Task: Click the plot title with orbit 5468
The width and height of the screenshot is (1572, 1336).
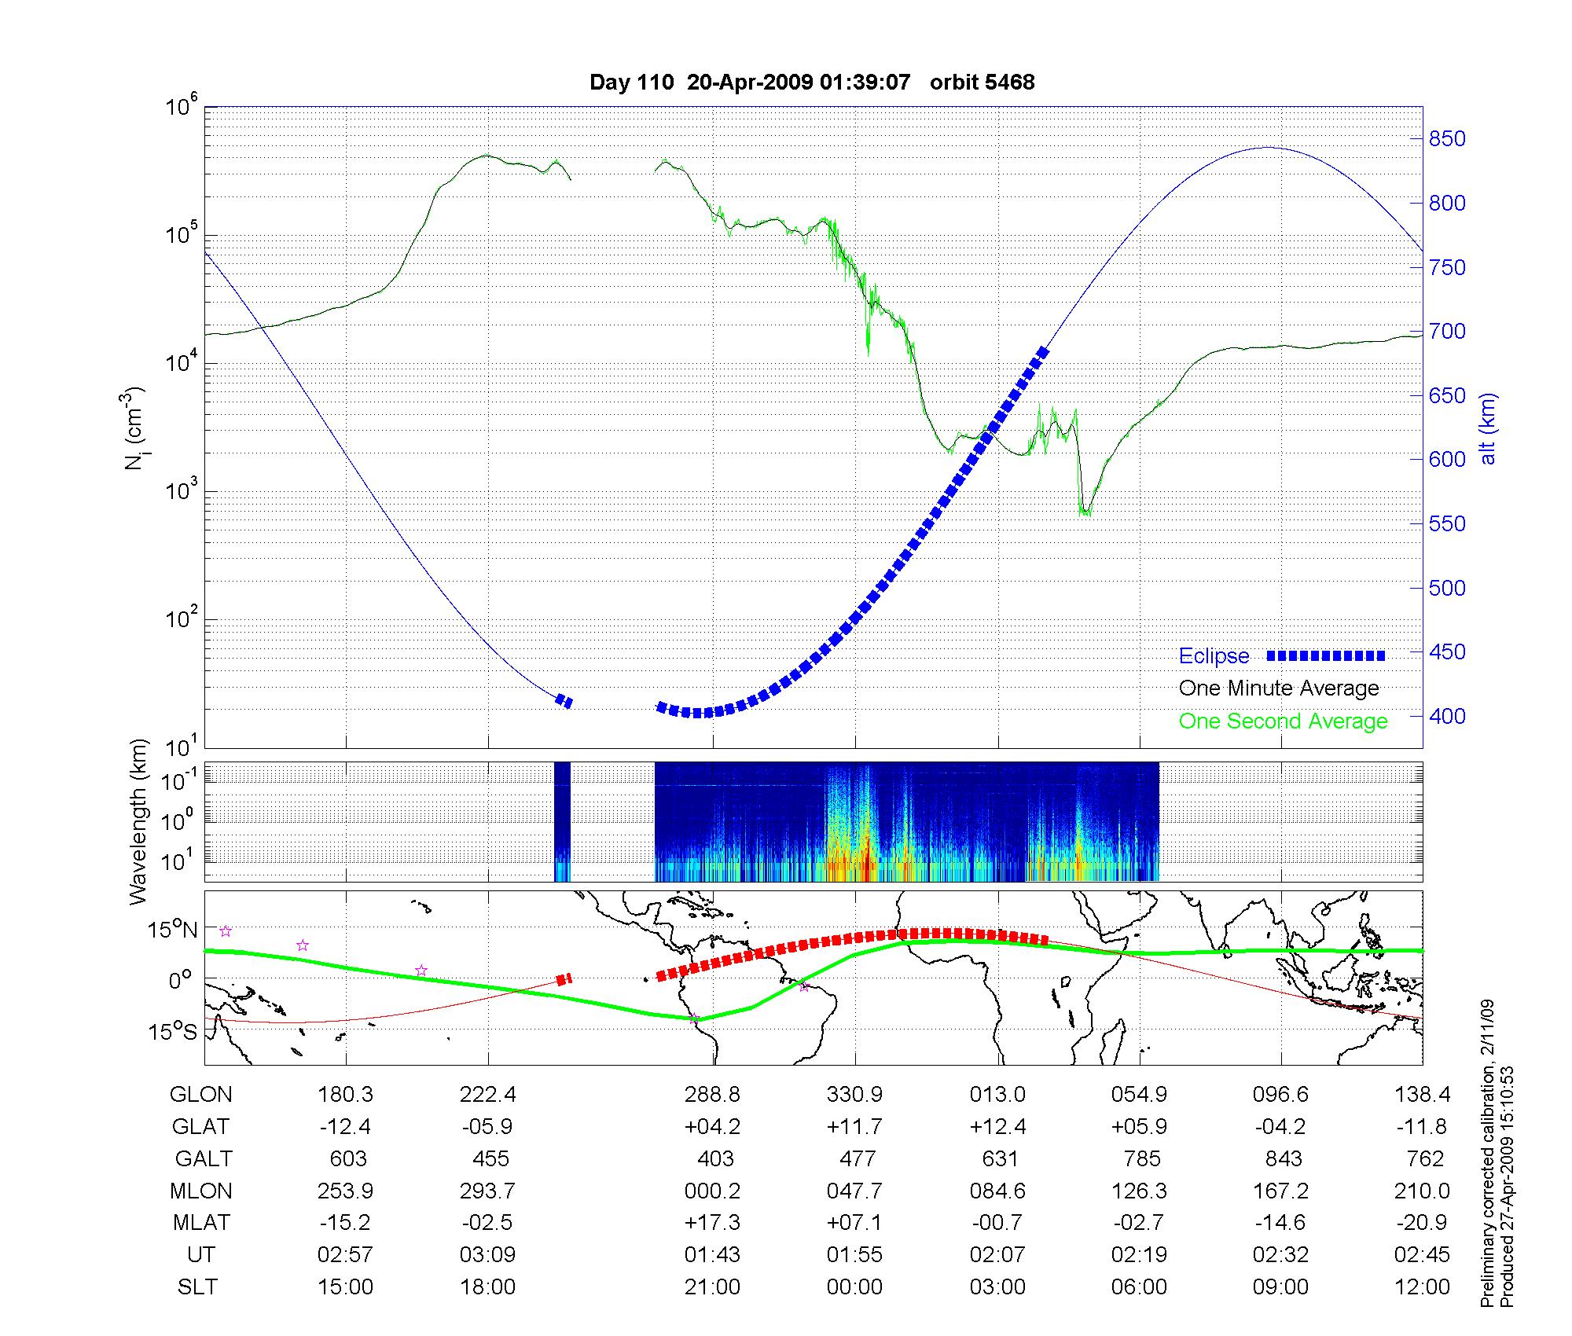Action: coord(812,82)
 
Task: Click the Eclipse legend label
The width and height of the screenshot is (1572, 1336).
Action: coord(1214,656)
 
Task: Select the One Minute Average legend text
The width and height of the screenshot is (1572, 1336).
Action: coord(1279,688)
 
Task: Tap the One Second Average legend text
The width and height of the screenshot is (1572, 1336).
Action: coord(1283,721)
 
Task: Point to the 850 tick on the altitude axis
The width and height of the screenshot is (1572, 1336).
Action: coord(1446,139)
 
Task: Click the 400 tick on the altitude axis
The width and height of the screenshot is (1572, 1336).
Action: coord(1446,716)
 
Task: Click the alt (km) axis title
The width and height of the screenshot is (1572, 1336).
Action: coord(1488,428)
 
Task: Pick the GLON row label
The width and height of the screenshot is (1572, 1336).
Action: coord(200,1094)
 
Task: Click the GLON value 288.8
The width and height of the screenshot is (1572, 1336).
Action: coord(713,1094)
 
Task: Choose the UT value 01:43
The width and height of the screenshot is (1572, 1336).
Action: coord(713,1254)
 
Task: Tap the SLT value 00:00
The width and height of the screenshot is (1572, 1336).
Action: coord(854,1286)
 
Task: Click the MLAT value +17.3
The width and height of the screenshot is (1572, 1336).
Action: coord(713,1223)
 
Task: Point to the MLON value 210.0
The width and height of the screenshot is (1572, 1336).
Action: coord(1423,1191)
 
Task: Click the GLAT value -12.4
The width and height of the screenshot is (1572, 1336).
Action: coord(345,1126)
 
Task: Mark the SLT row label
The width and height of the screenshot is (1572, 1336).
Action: coord(197,1286)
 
